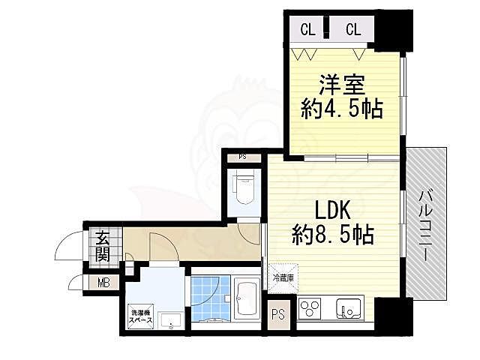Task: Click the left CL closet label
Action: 307,30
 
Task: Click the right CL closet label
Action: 353,30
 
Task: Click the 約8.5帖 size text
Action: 333,235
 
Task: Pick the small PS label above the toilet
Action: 242,157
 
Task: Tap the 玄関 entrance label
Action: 102,247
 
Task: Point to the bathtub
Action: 247,299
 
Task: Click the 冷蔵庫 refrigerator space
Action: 282,277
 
